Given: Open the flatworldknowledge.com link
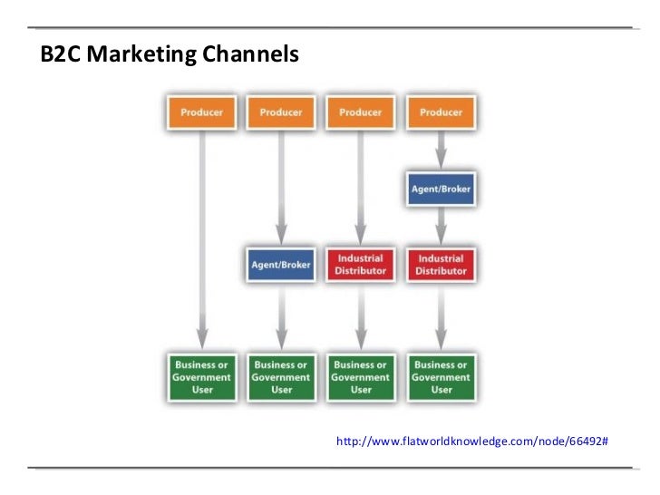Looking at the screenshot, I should (471, 441).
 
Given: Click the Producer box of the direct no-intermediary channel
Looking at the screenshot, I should (201, 112).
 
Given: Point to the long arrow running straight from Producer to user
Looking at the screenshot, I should (201, 236).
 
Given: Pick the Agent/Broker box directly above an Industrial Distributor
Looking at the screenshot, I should (441, 189).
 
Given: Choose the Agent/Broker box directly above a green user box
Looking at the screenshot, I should (281, 265).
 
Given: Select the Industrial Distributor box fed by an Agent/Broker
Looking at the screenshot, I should (441, 265).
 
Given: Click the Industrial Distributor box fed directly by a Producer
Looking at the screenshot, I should (361, 265).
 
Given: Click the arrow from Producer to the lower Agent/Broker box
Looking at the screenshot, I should (281, 186).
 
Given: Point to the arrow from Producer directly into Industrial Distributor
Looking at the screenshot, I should (361, 186).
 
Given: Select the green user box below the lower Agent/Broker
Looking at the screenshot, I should (281, 376).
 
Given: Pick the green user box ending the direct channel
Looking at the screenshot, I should (201, 376).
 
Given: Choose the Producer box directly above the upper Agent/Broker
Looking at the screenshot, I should (441, 112).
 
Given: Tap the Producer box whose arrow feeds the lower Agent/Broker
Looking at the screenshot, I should (281, 112).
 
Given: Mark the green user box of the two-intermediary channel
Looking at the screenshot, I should (441, 376).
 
